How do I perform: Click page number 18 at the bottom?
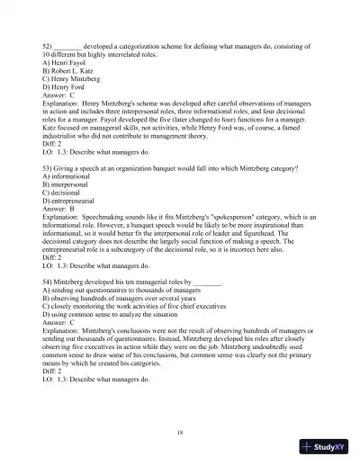pos(181,433)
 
